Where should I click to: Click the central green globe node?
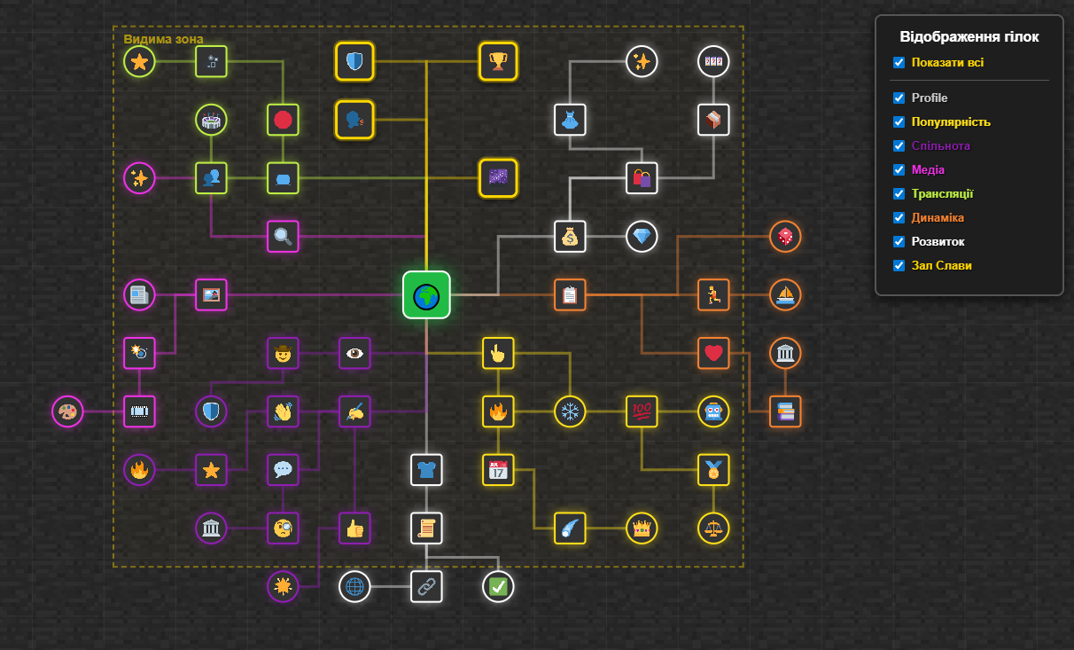point(426,294)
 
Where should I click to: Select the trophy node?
point(498,61)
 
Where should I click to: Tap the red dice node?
point(785,237)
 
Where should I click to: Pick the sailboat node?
point(785,294)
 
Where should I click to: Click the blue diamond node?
point(642,237)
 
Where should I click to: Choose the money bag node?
point(570,237)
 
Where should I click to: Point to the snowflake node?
point(570,411)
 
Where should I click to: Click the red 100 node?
point(642,411)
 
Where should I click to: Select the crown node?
point(642,529)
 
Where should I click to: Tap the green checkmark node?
point(499,586)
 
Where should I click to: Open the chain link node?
point(426,586)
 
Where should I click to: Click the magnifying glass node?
point(283,236)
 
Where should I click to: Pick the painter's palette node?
point(67,411)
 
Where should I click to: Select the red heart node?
point(713,353)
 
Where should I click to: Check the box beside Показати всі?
point(899,63)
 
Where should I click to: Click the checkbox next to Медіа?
point(899,169)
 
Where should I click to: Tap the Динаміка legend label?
point(938,217)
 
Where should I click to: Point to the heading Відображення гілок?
point(969,37)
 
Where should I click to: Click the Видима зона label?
point(163,39)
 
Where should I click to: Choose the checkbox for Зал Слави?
point(899,265)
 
